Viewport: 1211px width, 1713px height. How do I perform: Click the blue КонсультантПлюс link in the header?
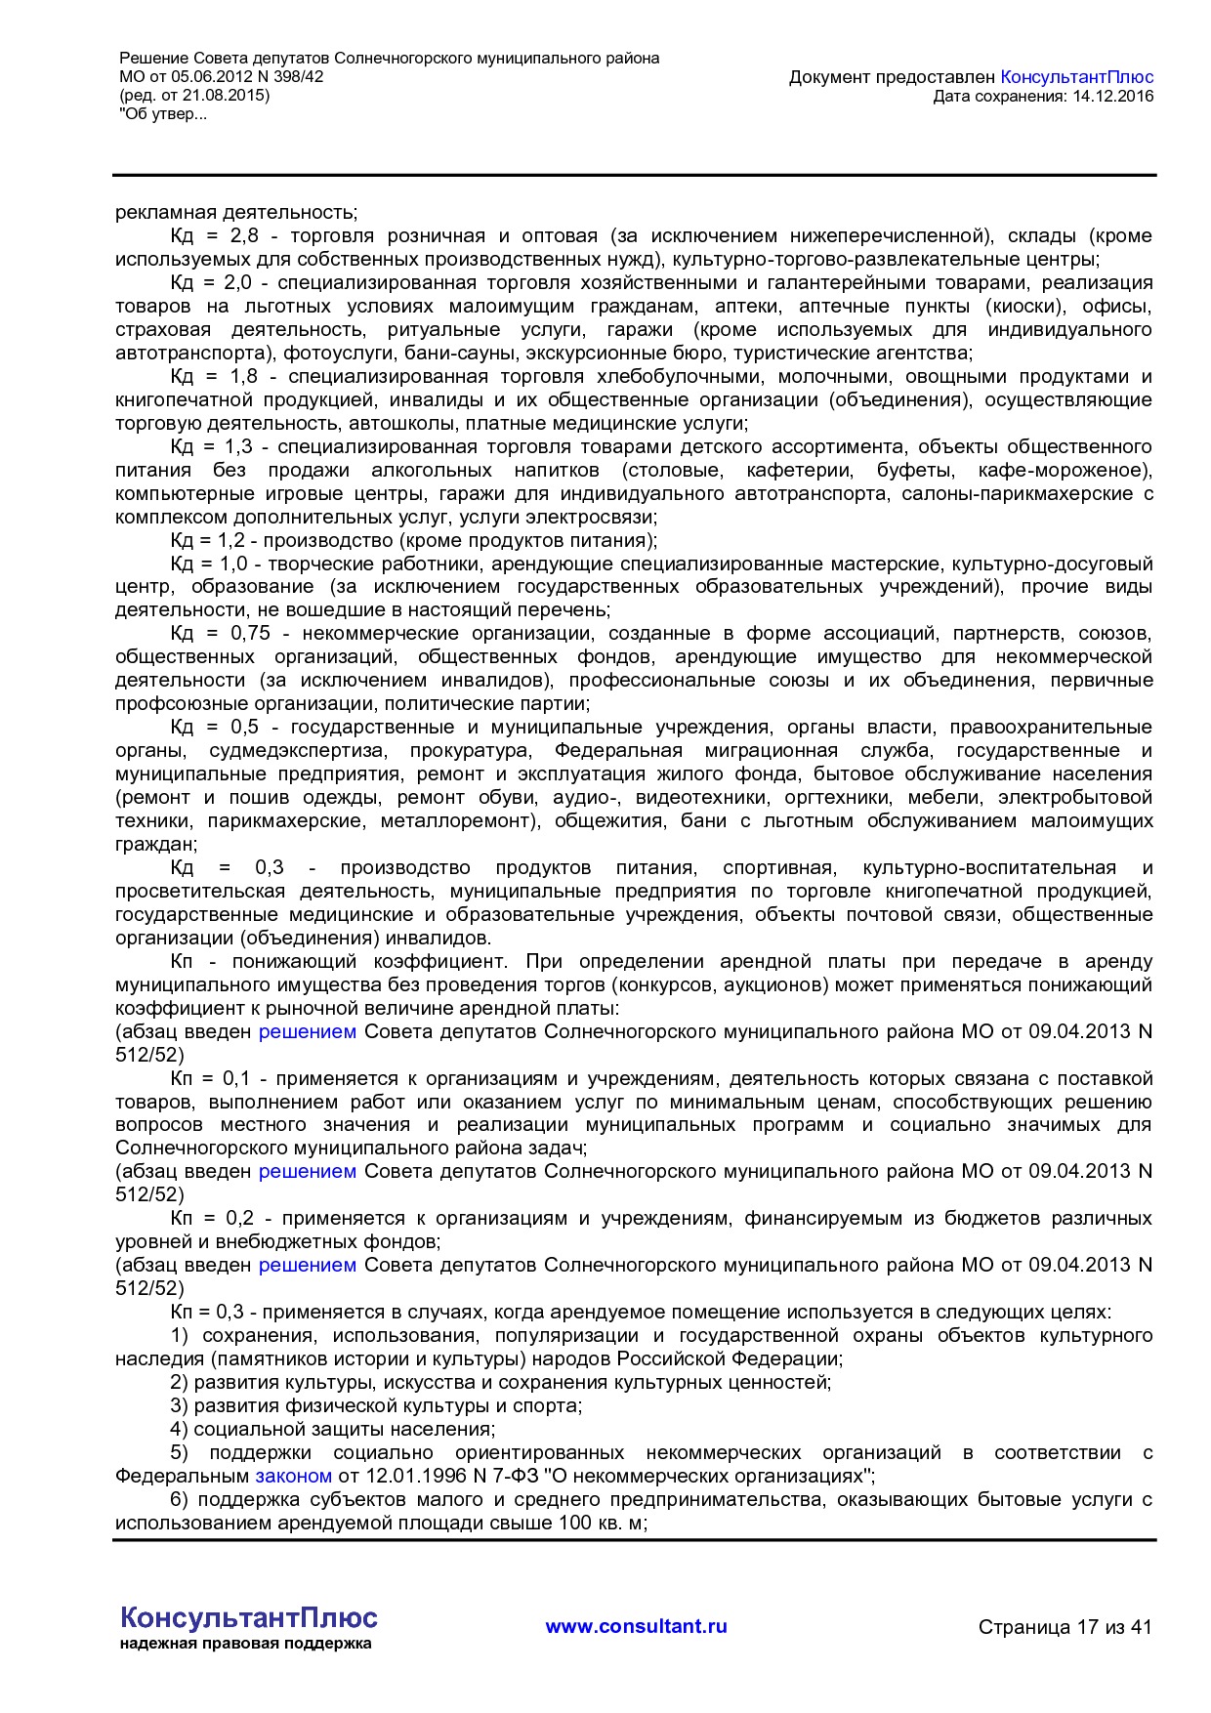tap(1077, 77)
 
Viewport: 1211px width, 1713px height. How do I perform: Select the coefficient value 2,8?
tap(244, 236)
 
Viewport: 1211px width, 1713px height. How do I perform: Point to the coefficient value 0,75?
tap(250, 634)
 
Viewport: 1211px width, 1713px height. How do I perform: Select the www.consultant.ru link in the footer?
tap(636, 1626)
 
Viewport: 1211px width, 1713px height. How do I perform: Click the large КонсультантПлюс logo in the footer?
tap(248, 1617)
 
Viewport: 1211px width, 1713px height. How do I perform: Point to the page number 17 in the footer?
tap(1087, 1627)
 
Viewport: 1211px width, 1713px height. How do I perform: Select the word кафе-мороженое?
tap(1065, 471)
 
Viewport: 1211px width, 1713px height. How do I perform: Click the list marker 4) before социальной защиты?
tap(179, 1430)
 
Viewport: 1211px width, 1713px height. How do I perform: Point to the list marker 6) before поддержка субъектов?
tap(179, 1500)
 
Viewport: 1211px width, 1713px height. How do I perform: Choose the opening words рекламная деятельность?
tap(235, 213)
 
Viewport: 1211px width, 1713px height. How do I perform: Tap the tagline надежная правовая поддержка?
tap(245, 1644)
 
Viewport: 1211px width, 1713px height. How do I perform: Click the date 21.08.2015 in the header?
tap(230, 96)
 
